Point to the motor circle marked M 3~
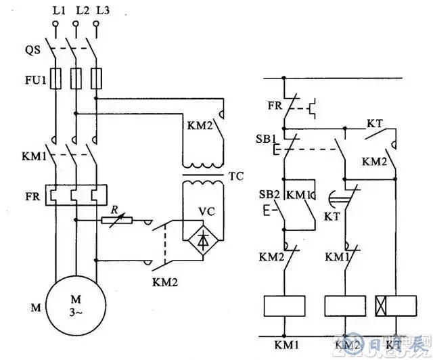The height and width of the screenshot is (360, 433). pyautogui.click(x=74, y=305)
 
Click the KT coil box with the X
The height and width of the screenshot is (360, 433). pyautogui.click(x=390, y=305)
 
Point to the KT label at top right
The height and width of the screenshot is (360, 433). pyautogui.click(x=375, y=124)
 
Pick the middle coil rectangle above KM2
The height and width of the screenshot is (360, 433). pyautogui.click(x=345, y=305)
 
